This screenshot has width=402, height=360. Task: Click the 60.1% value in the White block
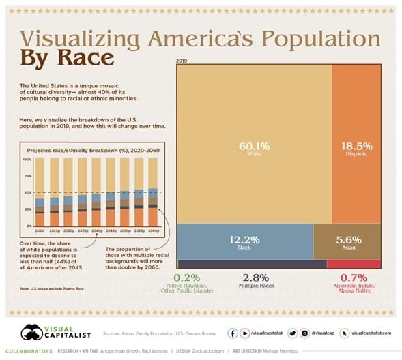click(253, 145)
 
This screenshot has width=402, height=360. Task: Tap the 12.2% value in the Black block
click(244, 239)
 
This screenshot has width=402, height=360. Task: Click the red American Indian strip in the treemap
click(354, 265)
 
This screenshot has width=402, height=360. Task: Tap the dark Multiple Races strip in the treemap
click(251, 265)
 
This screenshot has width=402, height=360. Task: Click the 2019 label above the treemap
click(182, 61)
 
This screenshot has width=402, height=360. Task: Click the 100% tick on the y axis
click(27, 160)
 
